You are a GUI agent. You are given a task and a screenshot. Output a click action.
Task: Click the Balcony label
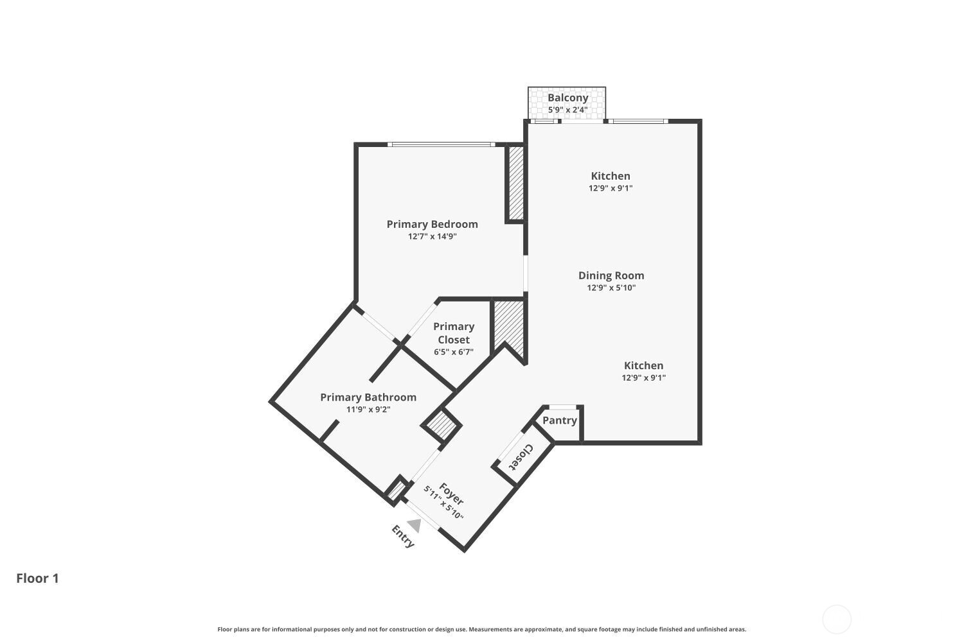(567, 98)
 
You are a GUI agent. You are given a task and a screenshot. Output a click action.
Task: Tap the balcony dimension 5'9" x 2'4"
(567, 110)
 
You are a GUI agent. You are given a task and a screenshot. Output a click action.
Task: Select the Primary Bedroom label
(432, 224)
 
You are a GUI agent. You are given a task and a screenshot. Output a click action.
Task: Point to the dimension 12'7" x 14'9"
(432, 236)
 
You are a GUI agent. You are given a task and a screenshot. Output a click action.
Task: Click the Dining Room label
(611, 275)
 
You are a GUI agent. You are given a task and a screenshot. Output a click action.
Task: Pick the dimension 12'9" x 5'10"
(611, 288)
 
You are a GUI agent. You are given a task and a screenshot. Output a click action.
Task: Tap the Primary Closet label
(454, 333)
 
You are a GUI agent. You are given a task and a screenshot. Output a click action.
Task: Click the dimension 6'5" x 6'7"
(454, 352)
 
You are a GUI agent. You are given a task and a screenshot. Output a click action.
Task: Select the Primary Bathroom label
(368, 397)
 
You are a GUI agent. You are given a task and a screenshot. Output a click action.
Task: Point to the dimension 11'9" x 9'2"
(368, 410)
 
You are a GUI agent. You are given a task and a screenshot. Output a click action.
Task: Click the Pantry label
(559, 421)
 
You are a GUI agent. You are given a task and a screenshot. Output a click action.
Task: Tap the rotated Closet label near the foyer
(521, 457)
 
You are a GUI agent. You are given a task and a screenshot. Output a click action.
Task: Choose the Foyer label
(451, 493)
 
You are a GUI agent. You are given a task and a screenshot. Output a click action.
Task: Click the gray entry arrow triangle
(415, 526)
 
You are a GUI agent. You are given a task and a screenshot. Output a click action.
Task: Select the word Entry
(403, 536)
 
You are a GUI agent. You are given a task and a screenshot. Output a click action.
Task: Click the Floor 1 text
(37, 578)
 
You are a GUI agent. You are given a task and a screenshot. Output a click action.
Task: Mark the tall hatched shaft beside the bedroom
(515, 183)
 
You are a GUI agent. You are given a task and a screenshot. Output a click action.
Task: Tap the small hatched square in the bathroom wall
(442, 424)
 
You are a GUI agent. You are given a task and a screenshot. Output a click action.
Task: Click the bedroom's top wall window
(442, 144)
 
